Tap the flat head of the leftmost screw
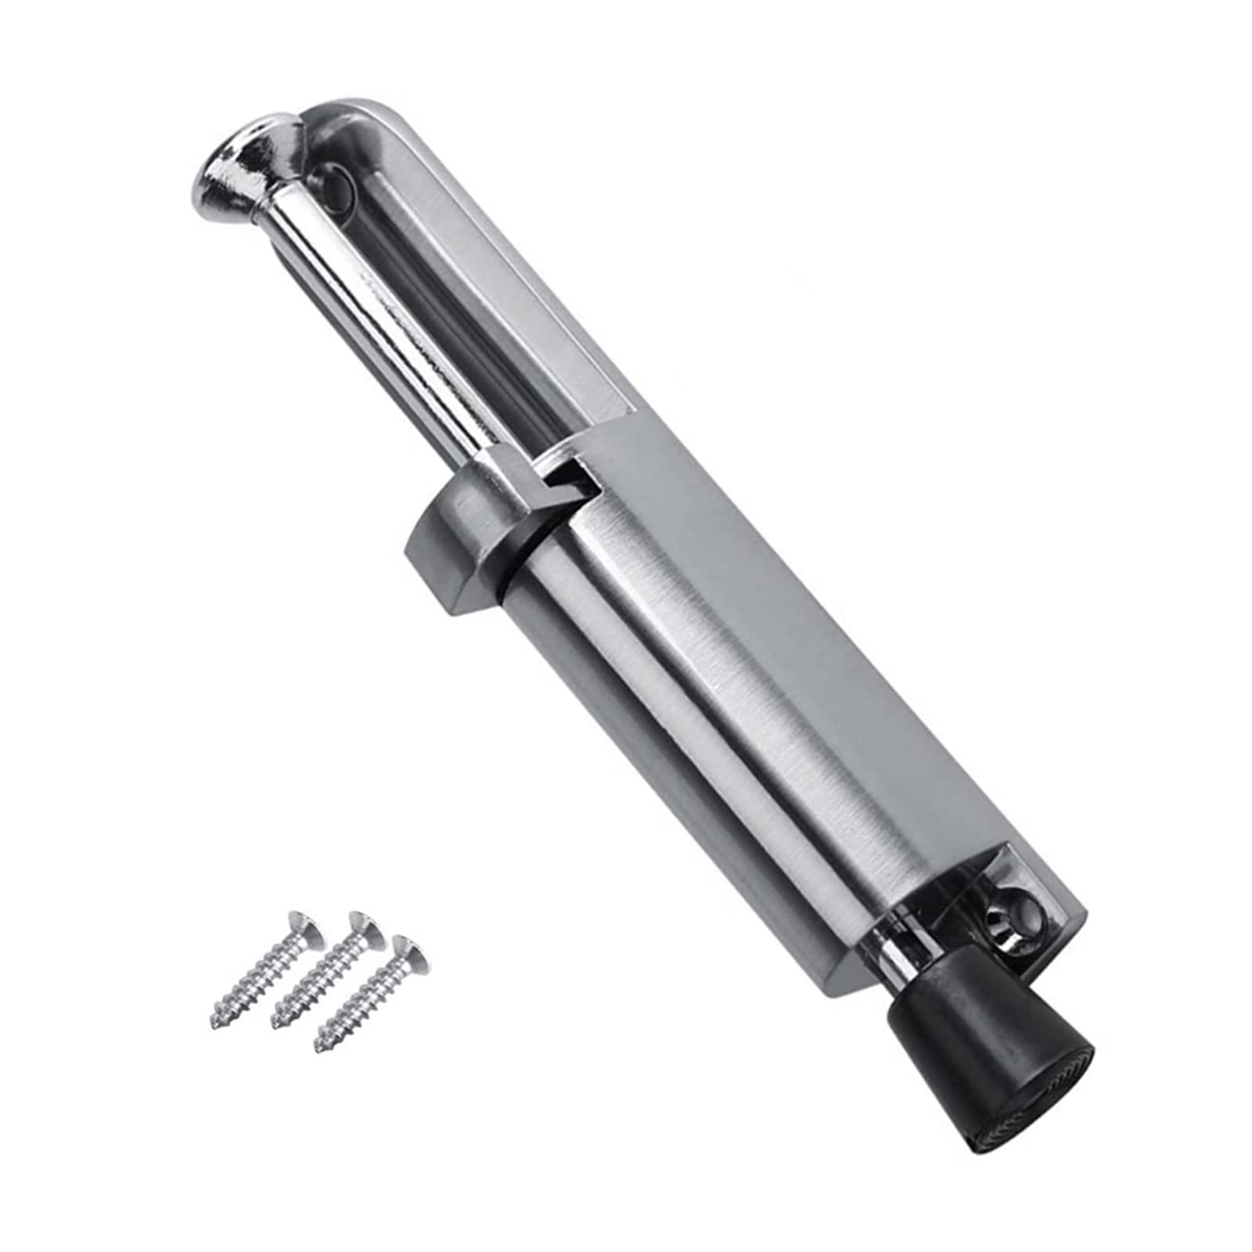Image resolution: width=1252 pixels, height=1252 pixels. (306, 928)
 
